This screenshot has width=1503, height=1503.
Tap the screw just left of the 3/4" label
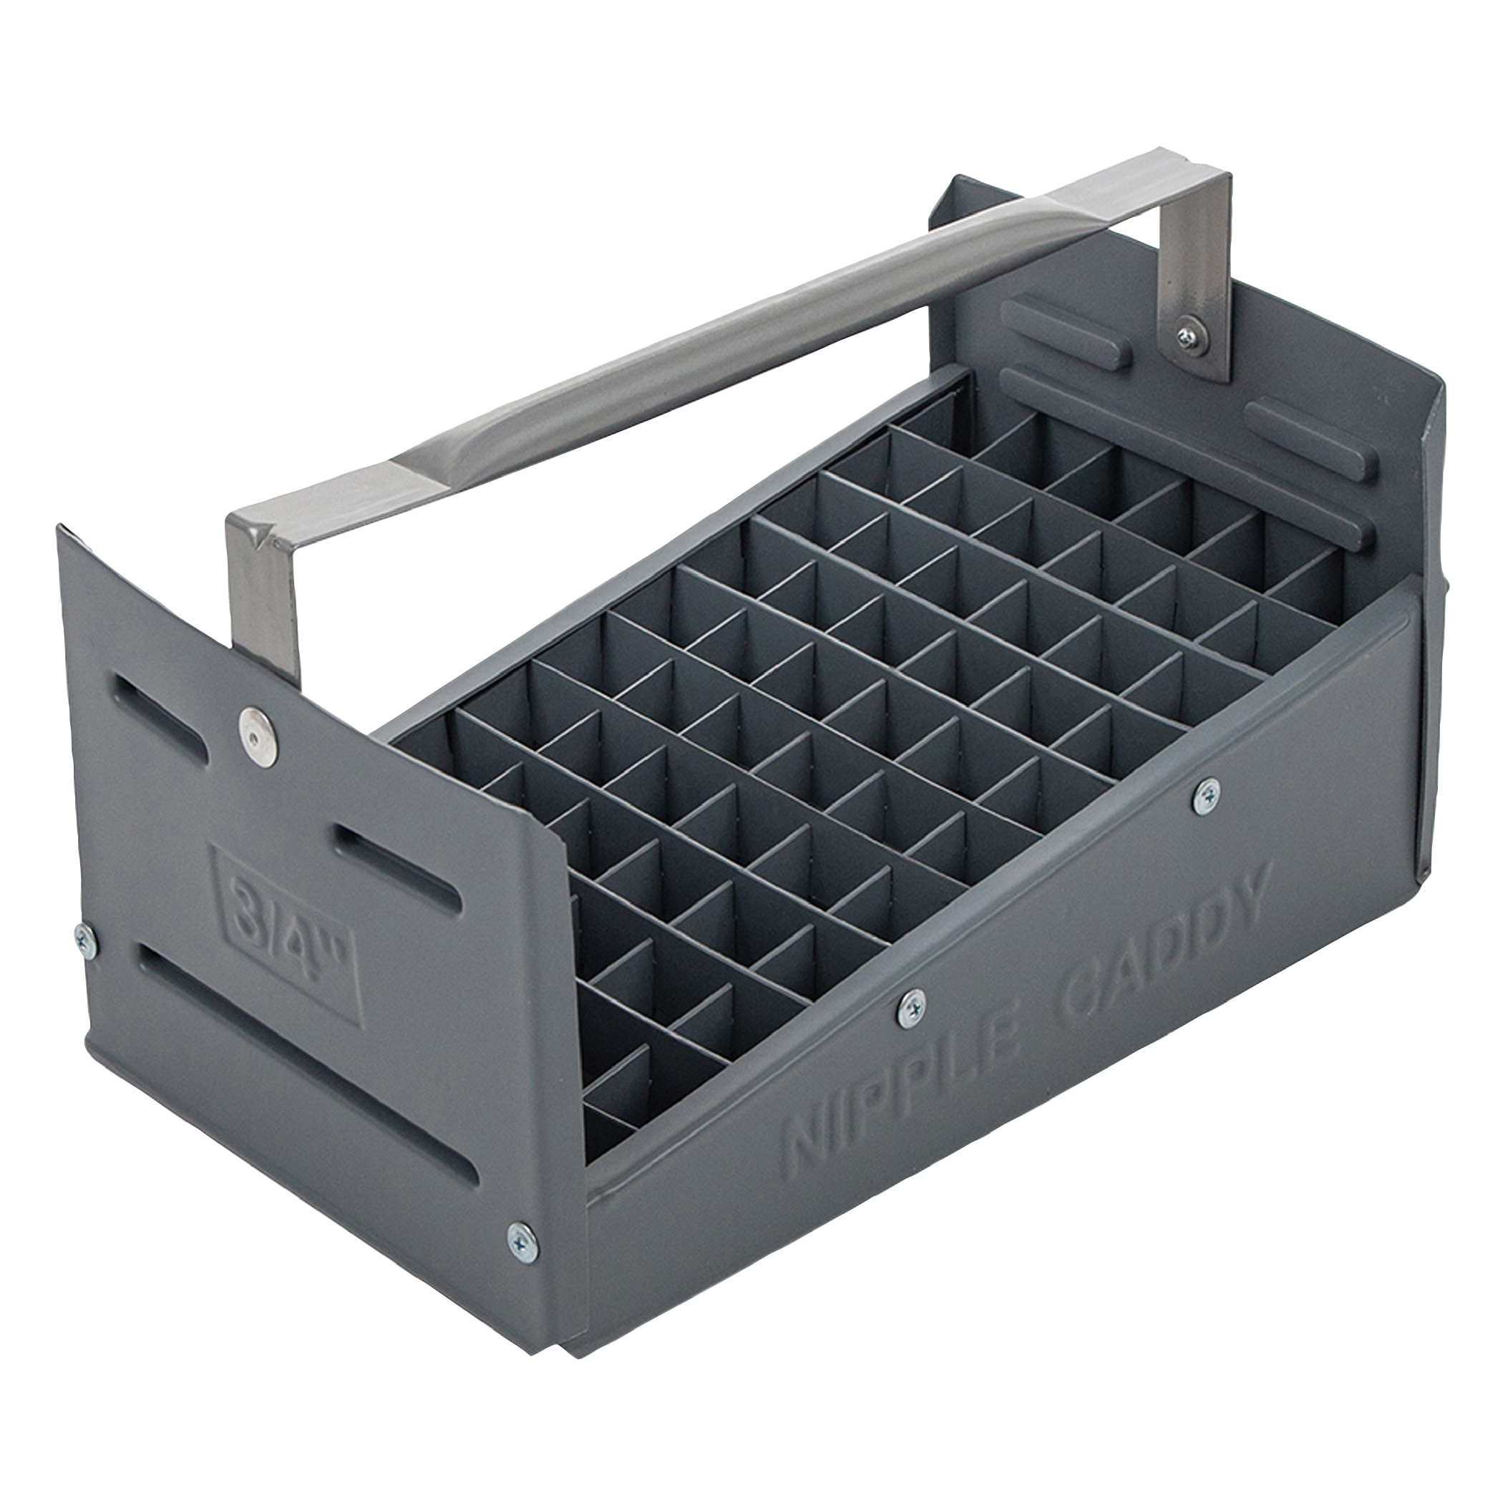(87, 942)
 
